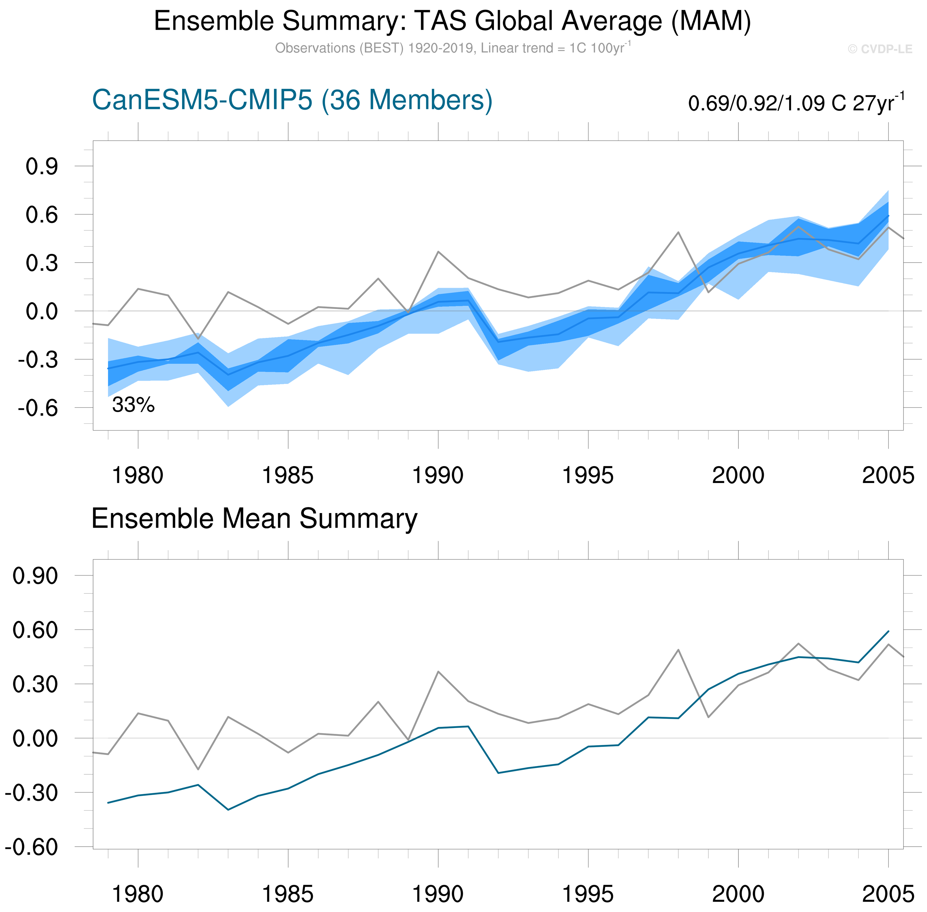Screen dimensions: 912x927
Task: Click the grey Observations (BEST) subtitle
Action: click(x=452, y=48)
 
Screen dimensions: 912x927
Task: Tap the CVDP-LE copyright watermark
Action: click(x=880, y=49)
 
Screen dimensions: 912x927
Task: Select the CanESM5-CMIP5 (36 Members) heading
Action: click(x=292, y=101)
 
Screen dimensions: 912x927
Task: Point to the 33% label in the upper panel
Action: click(x=133, y=405)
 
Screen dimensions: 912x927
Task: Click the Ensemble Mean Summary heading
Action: click(x=254, y=519)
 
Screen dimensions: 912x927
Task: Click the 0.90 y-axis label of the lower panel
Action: click(x=35, y=576)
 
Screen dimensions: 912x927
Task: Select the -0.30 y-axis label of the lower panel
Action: click(x=32, y=793)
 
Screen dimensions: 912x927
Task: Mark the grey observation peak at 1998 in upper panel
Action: click(x=678, y=232)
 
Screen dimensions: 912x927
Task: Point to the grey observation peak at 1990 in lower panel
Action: click(x=438, y=672)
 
